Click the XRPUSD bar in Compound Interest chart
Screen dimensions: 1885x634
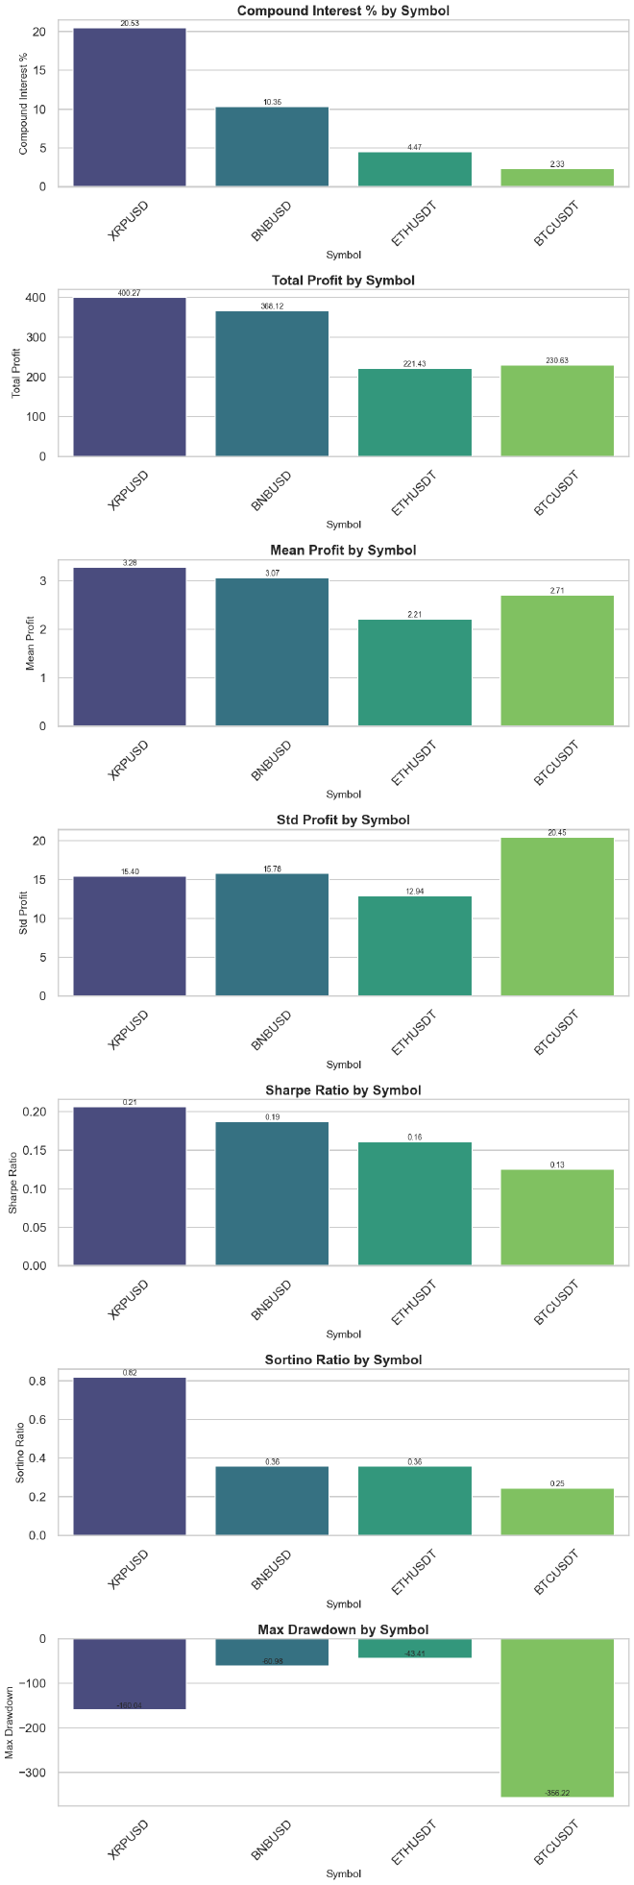pos(130,108)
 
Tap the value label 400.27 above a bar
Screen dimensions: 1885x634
pos(130,293)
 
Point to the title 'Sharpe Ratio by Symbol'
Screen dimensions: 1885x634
pos(343,1090)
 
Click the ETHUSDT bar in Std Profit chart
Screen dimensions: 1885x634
pos(415,946)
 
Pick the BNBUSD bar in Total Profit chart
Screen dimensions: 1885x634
pos(272,404)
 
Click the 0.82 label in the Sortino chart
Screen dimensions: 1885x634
pos(130,1373)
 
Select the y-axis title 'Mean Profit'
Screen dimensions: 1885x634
pos(30,644)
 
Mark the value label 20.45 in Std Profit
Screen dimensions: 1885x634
pos(557,833)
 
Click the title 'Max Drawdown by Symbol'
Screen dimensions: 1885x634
pos(343,1629)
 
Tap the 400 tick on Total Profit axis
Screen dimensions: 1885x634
pos(36,298)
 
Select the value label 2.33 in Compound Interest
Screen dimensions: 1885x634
pos(557,164)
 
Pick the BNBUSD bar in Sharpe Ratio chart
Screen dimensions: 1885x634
pos(272,1194)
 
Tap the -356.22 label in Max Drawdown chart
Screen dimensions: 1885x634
pos(557,1793)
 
